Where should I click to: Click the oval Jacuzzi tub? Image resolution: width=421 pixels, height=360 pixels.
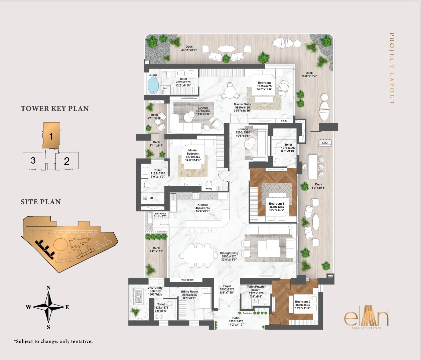point(153,85)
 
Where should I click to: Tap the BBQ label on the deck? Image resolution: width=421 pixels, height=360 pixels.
point(324,143)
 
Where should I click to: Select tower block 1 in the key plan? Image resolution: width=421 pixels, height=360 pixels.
point(51,136)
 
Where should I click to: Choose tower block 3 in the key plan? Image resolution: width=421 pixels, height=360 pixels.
point(33,161)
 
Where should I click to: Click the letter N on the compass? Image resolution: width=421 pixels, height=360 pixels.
point(48,288)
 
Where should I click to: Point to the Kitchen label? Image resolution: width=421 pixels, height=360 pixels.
point(202,205)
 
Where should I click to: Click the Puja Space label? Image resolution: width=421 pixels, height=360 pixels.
point(187,280)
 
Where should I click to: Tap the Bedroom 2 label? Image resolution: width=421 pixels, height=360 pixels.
point(302,302)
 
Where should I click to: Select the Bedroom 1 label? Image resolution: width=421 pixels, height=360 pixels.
point(276,204)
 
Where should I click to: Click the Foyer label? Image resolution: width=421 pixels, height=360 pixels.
point(227,286)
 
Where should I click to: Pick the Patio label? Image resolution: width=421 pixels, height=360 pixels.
point(236,318)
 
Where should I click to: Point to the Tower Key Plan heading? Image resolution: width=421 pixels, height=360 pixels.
point(55,109)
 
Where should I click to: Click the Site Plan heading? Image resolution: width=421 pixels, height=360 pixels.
point(41,202)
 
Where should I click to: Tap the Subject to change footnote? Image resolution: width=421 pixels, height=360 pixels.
point(53,341)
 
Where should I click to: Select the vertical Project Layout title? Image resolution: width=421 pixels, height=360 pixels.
point(392,68)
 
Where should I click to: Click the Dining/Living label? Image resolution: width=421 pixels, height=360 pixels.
point(229,253)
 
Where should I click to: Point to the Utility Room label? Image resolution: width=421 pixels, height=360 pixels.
point(189,292)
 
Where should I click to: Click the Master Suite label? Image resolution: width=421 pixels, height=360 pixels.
point(242,105)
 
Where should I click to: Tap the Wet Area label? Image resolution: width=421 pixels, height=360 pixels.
point(160,214)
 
